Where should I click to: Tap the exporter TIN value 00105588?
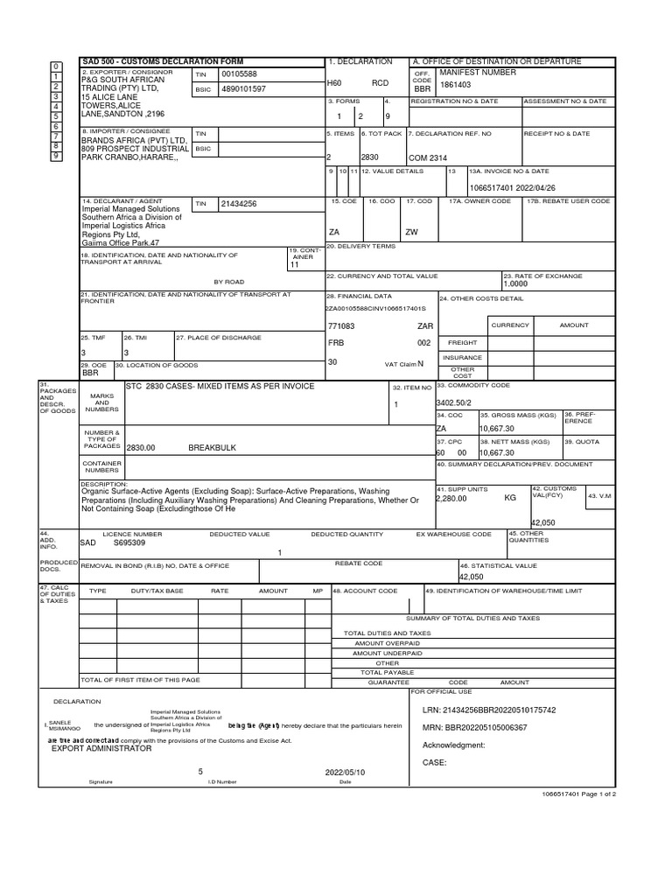click(x=240, y=74)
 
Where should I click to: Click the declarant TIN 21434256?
click(x=239, y=204)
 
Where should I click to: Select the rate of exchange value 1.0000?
click(x=516, y=284)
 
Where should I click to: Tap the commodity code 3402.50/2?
click(x=454, y=402)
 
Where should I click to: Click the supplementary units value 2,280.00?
click(x=451, y=498)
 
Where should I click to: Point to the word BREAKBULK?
click(x=213, y=447)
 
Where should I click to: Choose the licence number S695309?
click(x=130, y=542)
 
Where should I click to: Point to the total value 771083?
click(x=341, y=325)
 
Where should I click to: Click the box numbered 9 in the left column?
click(x=57, y=155)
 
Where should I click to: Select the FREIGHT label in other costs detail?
click(x=463, y=343)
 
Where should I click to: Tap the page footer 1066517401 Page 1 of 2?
click(x=579, y=794)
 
